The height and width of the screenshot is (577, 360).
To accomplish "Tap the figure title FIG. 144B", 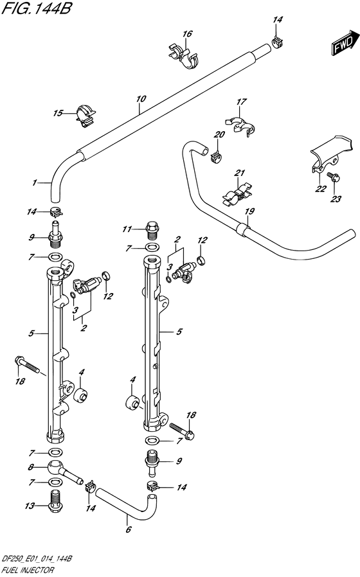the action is tap(37, 9).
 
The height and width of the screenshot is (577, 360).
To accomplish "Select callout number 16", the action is tap(187, 34).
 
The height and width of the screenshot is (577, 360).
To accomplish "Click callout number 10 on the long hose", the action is tap(141, 98).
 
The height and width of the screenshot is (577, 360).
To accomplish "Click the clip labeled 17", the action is tap(240, 125).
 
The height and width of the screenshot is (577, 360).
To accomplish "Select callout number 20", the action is tap(219, 135).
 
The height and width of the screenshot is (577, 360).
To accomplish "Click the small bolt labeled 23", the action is tap(334, 179).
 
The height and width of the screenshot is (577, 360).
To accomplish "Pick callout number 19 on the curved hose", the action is tap(249, 211).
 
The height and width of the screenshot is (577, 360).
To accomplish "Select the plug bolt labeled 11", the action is tap(152, 229).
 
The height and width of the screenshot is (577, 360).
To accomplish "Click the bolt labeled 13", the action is tap(55, 502).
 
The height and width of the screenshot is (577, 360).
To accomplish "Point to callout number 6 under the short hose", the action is tap(128, 529).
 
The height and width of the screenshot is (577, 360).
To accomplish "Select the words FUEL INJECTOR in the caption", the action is tap(28, 570).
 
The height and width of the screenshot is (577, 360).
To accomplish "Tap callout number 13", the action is tap(30, 506).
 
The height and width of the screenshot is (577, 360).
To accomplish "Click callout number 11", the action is tap(127, 229).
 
